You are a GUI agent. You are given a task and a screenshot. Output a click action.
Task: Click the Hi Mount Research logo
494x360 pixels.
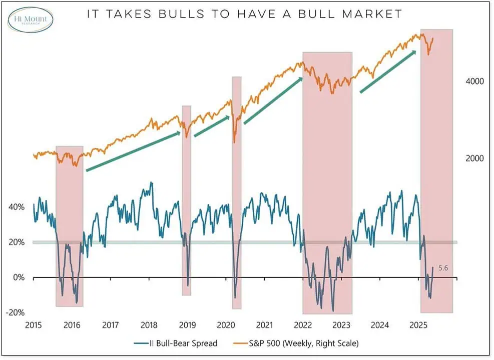tap(30, 19)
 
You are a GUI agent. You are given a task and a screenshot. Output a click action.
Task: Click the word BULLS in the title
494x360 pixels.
tap(182, 14)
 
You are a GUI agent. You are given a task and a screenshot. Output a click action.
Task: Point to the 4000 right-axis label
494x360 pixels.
tap(474, 81)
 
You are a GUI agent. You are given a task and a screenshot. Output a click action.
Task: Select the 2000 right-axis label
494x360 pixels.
tap(474, 158)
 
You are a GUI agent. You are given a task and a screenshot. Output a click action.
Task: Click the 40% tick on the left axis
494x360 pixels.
tap(17, 207)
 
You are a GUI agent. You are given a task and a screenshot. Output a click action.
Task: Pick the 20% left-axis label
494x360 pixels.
tap(17, 242)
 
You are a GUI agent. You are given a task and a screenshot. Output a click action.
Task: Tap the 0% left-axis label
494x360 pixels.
tap(19, 277)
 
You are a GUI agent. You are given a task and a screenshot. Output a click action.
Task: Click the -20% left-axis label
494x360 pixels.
tap(15, 312)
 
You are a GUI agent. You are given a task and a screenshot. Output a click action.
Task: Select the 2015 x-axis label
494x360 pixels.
tap(34, 325)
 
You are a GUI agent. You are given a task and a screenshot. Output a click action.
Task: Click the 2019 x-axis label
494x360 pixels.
tap(187, 325)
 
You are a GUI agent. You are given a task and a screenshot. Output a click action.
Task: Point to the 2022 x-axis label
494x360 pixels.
tap(303, 325)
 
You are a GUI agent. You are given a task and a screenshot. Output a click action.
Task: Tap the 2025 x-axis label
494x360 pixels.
tap(418, 325)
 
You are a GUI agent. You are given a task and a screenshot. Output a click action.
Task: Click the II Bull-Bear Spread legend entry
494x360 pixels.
tap(176, 343)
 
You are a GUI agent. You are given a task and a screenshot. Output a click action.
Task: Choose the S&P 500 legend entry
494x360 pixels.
tap(296, 343)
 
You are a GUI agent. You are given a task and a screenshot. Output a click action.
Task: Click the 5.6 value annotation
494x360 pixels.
tap(443, 268)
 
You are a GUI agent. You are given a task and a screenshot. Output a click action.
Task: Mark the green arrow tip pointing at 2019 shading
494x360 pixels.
tap(180, 132)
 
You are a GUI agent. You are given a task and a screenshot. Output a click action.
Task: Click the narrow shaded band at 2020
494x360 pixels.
tap(237, 192)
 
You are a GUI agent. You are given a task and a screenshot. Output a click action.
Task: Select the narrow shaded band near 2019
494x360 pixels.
tap(187, 200)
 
